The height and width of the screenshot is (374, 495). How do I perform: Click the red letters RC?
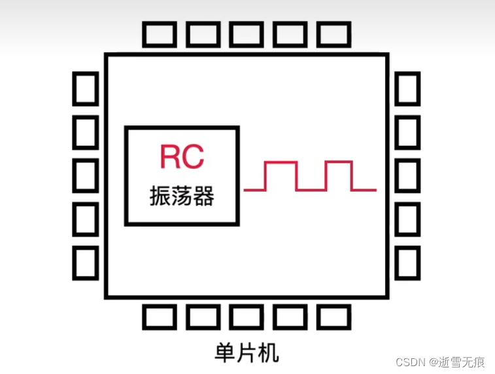[182, 156]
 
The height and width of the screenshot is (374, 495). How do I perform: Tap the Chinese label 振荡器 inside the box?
[182, 195]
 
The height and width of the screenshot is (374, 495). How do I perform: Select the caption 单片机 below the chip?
[247, 353]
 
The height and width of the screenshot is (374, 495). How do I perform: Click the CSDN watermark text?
[409, 361]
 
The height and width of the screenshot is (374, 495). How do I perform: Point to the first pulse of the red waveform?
[281, 175]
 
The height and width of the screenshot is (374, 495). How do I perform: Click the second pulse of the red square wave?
[340, 175]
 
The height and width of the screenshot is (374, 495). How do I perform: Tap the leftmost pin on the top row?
[160, 34]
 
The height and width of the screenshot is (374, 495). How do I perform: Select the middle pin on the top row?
[247, 34]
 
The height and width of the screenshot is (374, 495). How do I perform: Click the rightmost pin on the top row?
[333, 34]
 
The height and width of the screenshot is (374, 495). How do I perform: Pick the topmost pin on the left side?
[85, 88]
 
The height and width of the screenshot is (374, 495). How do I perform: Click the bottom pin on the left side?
[85, 263]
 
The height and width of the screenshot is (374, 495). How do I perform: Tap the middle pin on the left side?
[85, 175]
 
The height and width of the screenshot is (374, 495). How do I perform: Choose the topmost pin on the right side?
[407, 88]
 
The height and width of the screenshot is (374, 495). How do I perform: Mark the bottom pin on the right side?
[407, 263]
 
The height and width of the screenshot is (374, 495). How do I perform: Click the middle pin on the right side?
[407, 175]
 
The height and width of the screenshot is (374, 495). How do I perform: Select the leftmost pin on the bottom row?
[160, 316]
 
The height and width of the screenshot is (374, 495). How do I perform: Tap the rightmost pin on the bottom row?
[333, 316]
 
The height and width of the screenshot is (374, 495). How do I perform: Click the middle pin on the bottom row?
[247, 316]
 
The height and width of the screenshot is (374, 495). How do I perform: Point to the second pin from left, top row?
[203, 34]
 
